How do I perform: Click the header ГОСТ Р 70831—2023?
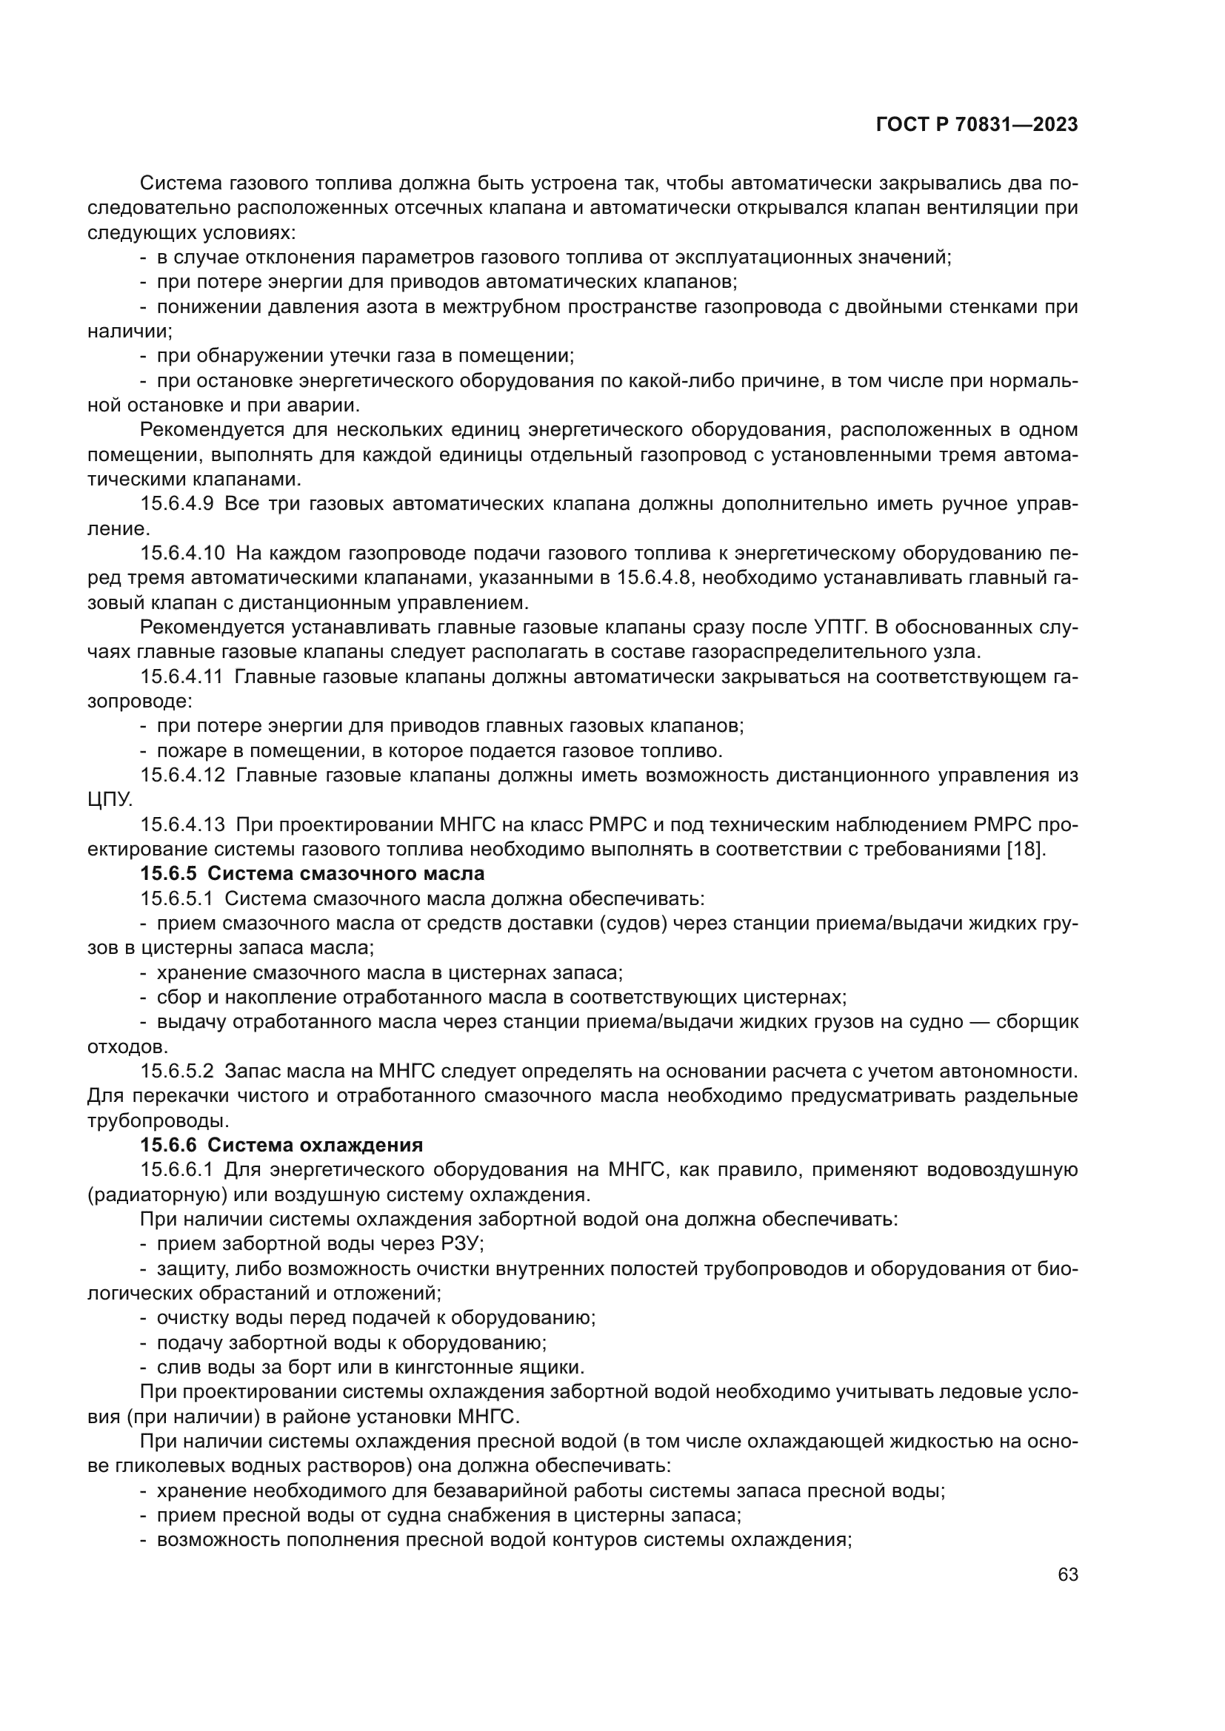click(977, 125)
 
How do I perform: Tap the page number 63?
click(1067, 1574)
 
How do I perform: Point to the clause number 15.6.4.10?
click(181, 553)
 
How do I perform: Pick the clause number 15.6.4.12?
click(181, 775)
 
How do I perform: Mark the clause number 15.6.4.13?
click(181, 824)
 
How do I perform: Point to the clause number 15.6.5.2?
click(177, 1072)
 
